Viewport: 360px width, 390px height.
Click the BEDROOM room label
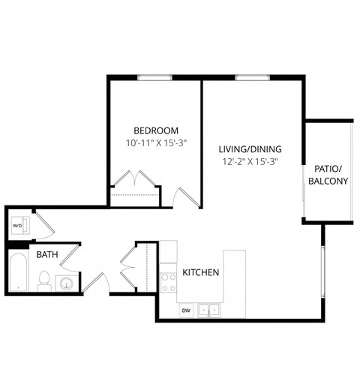click(x=156, y=128)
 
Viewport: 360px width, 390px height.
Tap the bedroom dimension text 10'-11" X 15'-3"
click(x=156, y=142)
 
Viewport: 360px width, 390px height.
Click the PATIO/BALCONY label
click(x=328, y=175)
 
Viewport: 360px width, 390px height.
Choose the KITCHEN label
click(x=200, y=271)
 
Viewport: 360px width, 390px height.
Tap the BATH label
click(x=47, y=255)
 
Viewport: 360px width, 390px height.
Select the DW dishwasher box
click(x=185, y=308)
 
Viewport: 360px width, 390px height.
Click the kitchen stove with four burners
click(x=169, y=282)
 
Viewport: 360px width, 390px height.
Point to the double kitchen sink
click(x=208, y=308)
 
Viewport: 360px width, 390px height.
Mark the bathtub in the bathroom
click(x=19, y=274)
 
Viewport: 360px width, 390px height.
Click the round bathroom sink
click(x=67, y=283)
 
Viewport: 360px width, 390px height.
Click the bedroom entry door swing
click(x=182, y=196)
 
